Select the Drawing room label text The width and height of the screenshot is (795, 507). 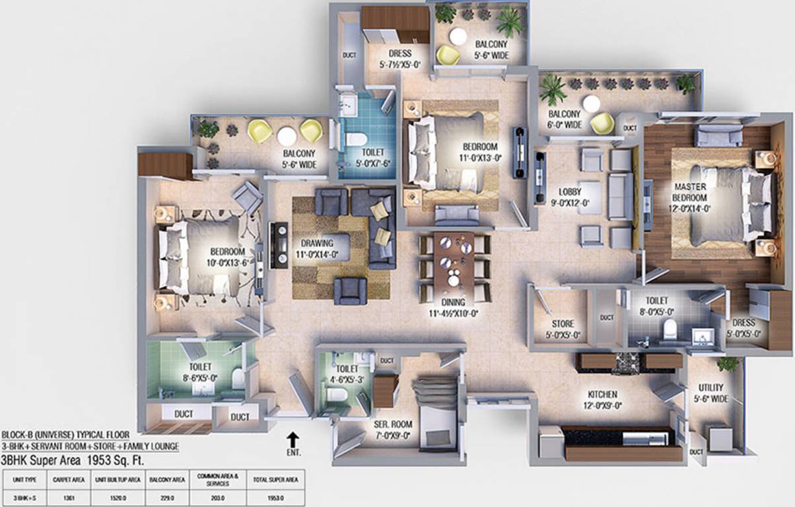point(317,248)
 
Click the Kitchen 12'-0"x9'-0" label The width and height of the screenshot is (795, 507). point(602,399)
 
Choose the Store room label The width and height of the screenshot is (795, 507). point(563,329)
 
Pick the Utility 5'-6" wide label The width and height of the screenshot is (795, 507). point(710,393)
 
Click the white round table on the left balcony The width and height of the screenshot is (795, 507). point(287,136)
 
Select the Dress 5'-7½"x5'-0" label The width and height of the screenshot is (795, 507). point(400,59)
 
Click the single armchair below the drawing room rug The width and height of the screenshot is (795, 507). point(350,290)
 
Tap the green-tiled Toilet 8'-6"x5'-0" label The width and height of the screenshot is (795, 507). point(200,372)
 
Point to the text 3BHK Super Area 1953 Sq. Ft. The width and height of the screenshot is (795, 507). point(72,460)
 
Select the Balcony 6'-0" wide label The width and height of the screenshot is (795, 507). point(565,119)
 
